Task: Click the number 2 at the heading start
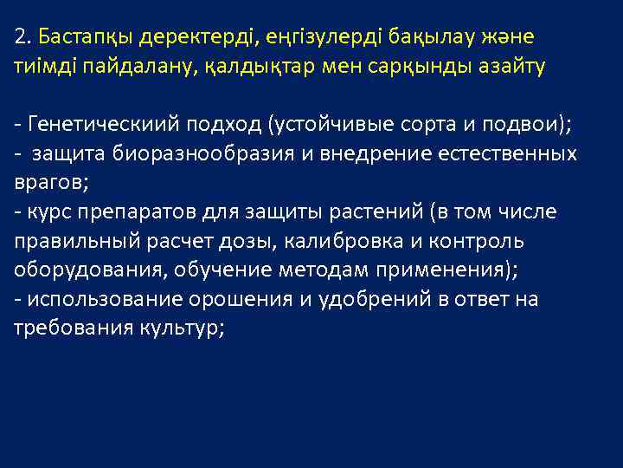click(20, 38)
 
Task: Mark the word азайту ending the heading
click(513, 68)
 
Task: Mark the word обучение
click(222, 270)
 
